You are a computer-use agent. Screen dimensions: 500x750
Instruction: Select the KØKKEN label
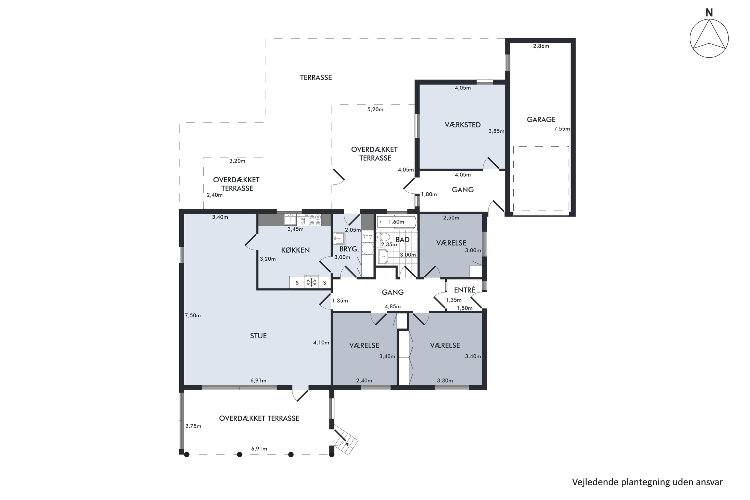pyautogui.click(x=295, y=250)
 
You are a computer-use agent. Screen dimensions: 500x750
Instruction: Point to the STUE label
pyautogui.click(x=258, y=336)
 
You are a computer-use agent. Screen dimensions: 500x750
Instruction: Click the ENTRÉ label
pyautogui.click(x=464, y=290)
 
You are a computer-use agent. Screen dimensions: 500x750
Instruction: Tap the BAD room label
pyautogui.click(x=402, y=240)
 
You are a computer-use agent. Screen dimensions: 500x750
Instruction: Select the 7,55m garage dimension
pyautogui.click(x=561, y=129)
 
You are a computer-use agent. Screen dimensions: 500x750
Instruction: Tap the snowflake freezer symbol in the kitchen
pyautogui.click(x=311, y=282)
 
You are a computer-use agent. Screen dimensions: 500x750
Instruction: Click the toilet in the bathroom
pyautogui.click(x=383, y=237)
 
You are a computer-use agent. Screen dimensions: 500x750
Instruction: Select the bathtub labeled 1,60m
pyautogui.click(x=396, y=222)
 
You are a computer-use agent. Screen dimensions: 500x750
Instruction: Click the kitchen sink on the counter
pyautogui.click(x=290, y=220)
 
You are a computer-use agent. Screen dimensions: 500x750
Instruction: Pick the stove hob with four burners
pyautogui.click(x=315, y=220)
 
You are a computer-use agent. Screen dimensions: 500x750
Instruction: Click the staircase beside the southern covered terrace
pyautogui.click(x=346, y=442)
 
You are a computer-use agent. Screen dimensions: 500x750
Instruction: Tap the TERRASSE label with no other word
pyautogui.click(x=316, y=77)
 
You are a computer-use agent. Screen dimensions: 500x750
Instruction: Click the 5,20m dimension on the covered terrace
pyautogui.click(x=375, y=110)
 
